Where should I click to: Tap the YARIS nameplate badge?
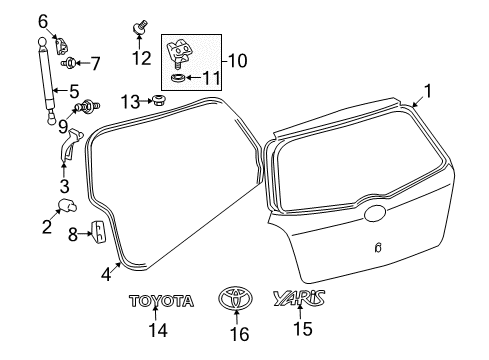[304, 298]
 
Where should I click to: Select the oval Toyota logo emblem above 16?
[235, 299]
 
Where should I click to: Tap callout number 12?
[141, 58]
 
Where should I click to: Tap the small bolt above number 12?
[140, 25]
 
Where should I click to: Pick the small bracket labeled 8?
[99, 232]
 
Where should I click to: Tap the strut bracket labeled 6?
[58, 43]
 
